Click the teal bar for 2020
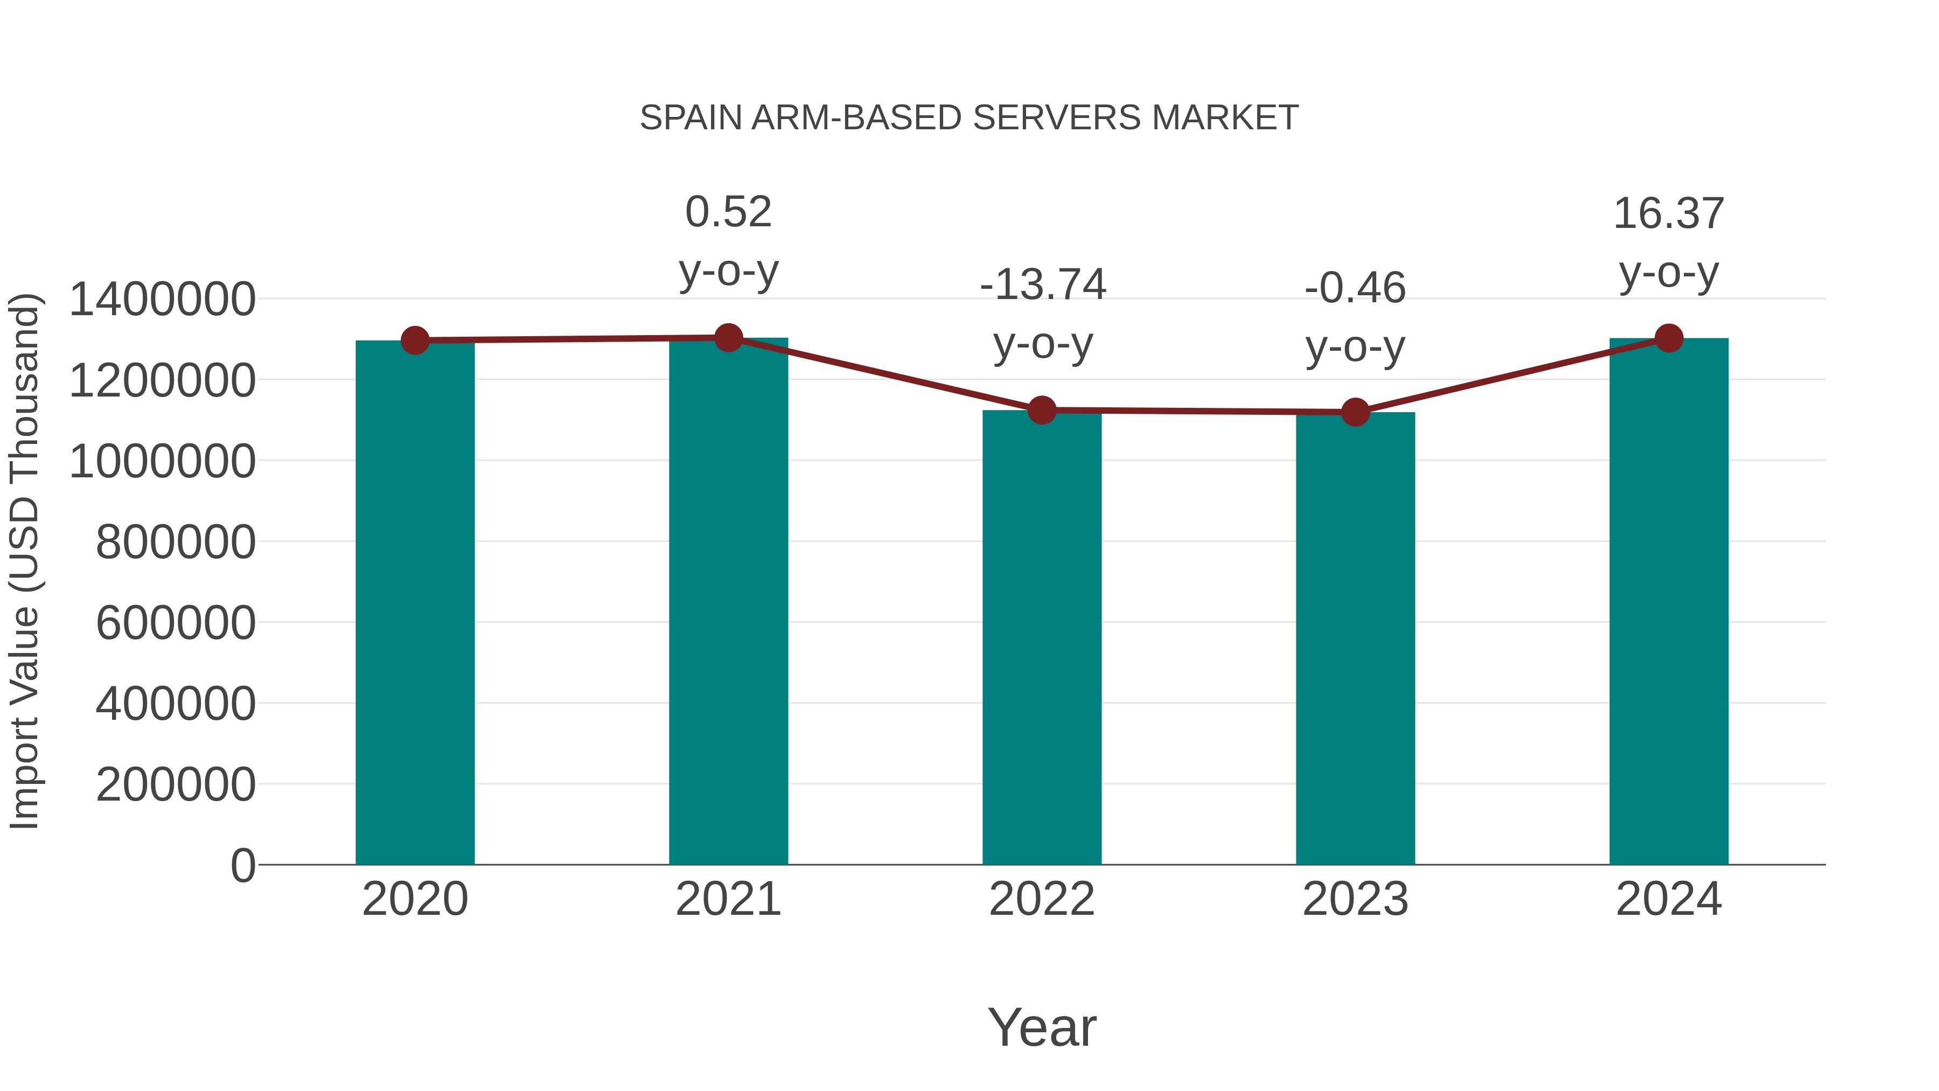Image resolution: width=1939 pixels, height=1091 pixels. point(415,602)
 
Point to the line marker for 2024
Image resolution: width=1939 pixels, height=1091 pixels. point(1669,338)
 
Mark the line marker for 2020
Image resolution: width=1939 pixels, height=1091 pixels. point(415,340)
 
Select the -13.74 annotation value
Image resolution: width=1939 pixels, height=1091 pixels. point(1043,284)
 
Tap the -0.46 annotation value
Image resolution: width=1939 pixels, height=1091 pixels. point(1355,288)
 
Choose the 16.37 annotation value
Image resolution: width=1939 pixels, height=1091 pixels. point(1669,214)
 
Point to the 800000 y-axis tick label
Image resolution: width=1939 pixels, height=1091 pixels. point(176,542)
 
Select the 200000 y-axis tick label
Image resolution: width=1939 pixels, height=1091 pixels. point(176,784)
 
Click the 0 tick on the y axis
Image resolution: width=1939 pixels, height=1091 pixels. point(243,865)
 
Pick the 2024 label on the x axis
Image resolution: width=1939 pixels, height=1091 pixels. point(1669,899)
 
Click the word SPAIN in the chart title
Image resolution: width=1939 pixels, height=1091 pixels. point(690,118)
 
